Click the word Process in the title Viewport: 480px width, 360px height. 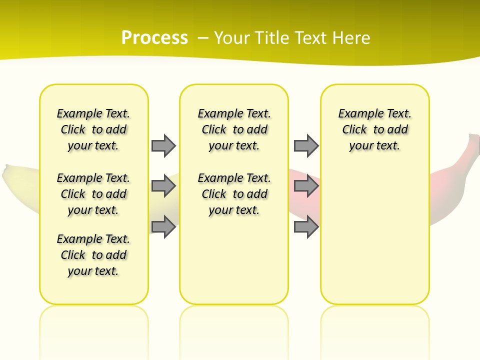(x=154, y=38)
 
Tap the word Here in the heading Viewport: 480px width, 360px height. (x=350, y=38)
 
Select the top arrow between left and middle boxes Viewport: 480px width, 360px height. (x=163, y=145)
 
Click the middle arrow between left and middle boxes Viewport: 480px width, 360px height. (x=163, y=186)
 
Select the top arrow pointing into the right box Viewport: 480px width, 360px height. (x=306, y=145)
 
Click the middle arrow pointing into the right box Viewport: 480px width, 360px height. (x=306, y=186)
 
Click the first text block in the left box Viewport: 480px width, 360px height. (x=93, y=129)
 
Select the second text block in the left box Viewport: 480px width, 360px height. (x=93, y=194)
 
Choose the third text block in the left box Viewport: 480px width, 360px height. (x=93, y=255)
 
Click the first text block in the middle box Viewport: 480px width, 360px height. (x=234, y=129)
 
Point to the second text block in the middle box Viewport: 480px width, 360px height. (x=234, y=194)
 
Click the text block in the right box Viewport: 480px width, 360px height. (x=374, y=129)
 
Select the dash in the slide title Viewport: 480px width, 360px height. (x=203, y=38)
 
